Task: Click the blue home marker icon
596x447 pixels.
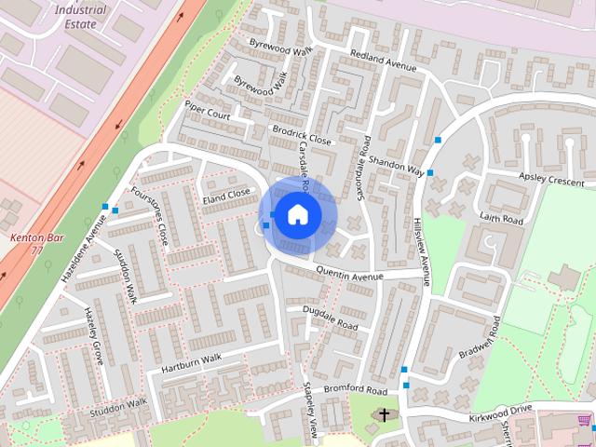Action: [x=297, y=214]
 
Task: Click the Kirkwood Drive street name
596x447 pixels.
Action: [x=500, y=409]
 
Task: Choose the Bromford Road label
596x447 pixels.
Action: [x=355, y=388]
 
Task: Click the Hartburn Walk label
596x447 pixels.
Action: [x=191, y=360]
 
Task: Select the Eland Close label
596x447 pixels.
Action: [x=226, y=196]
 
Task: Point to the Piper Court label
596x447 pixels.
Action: [x=207, y=109]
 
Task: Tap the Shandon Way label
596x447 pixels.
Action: [x=396, y=166]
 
